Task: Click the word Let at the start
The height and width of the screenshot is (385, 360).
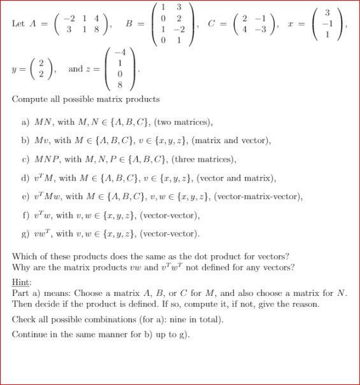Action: click(x=18, y=24)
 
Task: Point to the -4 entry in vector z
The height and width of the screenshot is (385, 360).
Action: click(x=119, y=52)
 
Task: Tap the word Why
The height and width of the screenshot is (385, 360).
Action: click(x=20, y=266)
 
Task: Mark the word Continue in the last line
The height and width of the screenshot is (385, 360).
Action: click(x=29, y=334)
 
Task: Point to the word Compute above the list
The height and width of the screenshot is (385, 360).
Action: click(x=31, y=99)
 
